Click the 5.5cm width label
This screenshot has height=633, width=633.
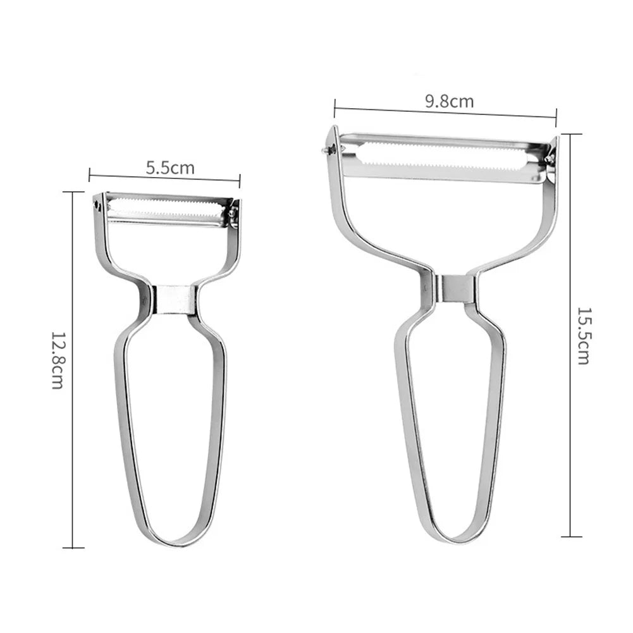click(x=170, y=168)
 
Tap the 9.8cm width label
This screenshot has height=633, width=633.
click(x=450, y=101)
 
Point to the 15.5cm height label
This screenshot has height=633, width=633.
click(x=582, y=336)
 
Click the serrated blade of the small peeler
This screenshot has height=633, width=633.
click(x=166, y=205)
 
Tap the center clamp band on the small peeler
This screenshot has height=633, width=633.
click(x=173, y=299)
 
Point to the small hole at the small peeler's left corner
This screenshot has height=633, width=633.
click(x=97, y=205)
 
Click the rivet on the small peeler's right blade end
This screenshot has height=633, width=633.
click(x=232, y=213)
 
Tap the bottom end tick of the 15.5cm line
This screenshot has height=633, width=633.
click(x=571, y=537)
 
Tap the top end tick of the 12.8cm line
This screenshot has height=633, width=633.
click(x=73, y=192)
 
